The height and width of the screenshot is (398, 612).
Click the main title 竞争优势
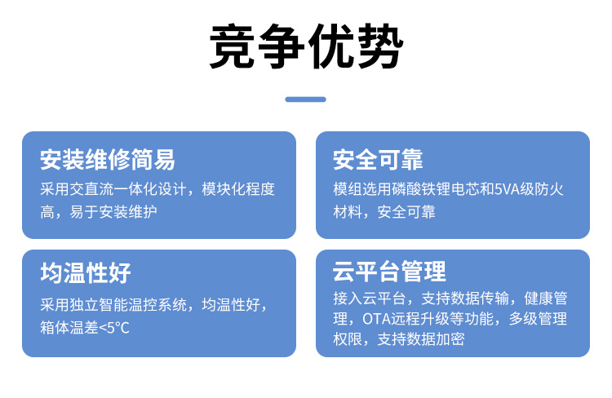(306, 46)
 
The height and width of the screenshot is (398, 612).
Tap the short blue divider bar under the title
(306, 99)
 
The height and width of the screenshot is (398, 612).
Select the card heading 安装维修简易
(108, 160)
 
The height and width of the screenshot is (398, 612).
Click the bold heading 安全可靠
(378, 160)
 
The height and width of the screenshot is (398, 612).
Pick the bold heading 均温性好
(86, 272)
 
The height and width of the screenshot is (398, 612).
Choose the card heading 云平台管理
(389, 272)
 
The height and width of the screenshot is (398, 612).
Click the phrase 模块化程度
(238, 189)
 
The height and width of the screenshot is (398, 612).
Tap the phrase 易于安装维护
(113, 212)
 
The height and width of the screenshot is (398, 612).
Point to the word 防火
(549, 189)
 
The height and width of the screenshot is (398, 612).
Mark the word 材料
(348, 212)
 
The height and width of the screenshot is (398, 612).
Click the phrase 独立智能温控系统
(128, 305)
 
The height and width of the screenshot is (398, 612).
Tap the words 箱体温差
(69, 327)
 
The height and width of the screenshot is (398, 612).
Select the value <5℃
(114, 328)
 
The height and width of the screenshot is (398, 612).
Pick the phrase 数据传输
(480, 298)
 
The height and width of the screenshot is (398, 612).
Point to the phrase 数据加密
(436, 339)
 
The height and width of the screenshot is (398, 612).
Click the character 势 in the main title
(379, 46)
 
